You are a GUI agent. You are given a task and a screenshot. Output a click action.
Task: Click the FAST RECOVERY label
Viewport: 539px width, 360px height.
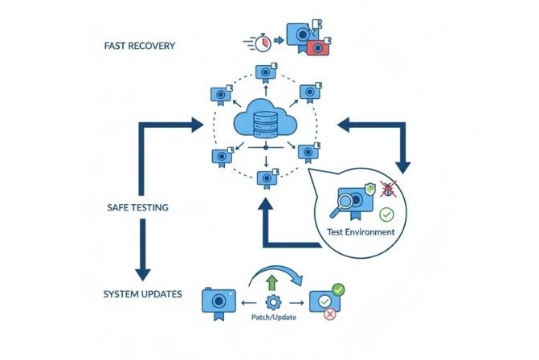(x=139, y=46)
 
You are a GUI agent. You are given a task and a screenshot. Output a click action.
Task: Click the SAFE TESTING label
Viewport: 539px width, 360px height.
(x=137, y=207)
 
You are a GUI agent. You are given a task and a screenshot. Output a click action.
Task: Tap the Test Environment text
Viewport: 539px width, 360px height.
(x=361, y=231)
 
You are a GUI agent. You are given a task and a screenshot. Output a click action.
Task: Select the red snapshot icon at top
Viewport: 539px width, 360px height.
(x=319, y=47)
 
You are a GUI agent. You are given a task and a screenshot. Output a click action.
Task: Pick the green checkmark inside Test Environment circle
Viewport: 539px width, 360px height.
(x=386, y=215)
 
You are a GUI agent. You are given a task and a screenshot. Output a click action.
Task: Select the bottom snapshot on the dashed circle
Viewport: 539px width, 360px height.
(x=264, y=179)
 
